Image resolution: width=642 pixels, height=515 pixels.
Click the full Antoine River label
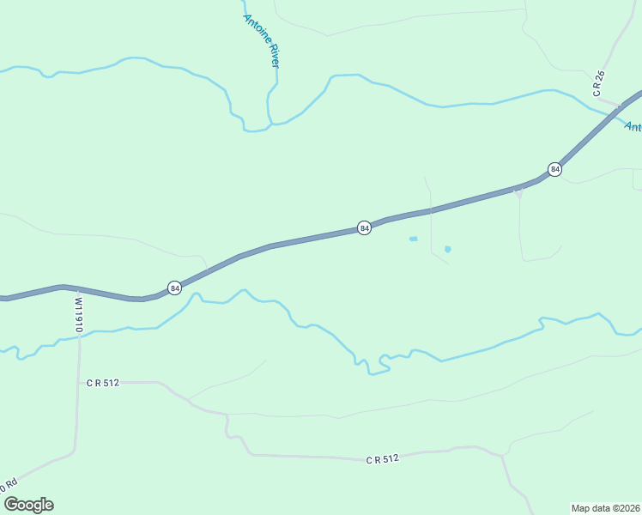tap(267, 41)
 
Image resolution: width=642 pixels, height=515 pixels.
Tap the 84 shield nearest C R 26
tap(555, 169)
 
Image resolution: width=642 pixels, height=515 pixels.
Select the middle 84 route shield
tap(364, 227)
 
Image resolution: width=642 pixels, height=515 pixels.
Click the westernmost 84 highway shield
tap(174, 288)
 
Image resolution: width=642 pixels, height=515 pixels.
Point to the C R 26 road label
tap(599, 82)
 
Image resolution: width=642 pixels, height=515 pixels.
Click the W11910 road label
tap(78, 314)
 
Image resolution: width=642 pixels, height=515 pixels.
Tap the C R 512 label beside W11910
tap(102, 383)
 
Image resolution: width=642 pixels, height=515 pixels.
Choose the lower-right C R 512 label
tap(383, 460)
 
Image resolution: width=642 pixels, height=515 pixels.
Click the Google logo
tap(28, 505)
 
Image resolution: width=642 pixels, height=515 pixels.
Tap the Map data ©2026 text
tap(605, 507)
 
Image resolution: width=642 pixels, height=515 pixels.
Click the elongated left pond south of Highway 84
tap(413, 239)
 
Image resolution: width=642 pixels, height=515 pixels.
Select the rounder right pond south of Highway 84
tap(447, 249)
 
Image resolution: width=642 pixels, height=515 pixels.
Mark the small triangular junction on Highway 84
tap(518, 192)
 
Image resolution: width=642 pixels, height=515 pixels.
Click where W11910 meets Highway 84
tap(76, 289)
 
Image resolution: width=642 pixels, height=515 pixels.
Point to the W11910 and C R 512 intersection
tap(79, 382)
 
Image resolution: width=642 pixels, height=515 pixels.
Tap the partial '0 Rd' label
tap(9, 486)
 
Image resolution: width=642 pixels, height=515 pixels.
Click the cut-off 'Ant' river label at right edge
tap(632, 127)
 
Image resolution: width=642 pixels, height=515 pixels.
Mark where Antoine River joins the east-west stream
tap(270, 124)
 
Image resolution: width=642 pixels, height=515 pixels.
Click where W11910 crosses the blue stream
tap(78, 336)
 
